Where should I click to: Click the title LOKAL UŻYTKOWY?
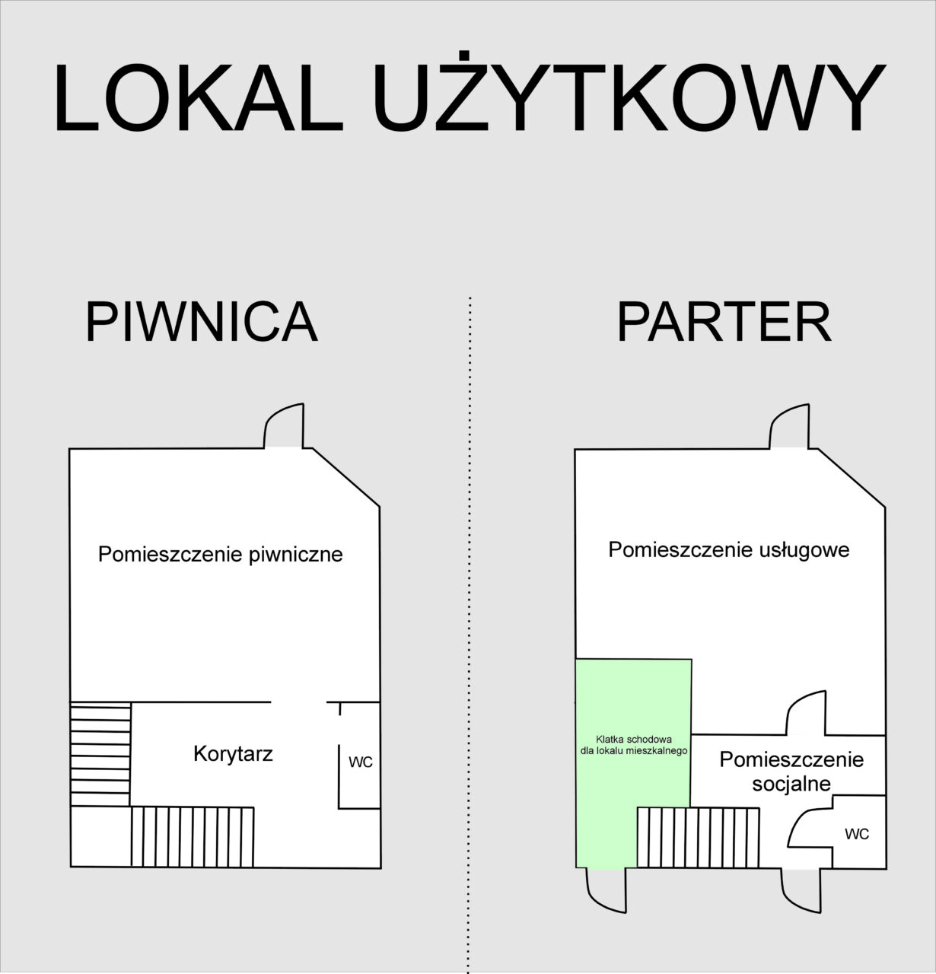[469, 93]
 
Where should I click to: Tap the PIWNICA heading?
[201, 322]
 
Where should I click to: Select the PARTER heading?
[724, 322]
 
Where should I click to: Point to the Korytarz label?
[234, 754]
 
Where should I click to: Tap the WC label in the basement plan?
[361, 762]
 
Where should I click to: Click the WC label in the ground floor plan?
[857, 834]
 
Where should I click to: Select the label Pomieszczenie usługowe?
[729, 550]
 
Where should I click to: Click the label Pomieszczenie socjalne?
[791, 772]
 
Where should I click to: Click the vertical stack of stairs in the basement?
[100, 755]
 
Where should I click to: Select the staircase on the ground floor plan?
[699, 837]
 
